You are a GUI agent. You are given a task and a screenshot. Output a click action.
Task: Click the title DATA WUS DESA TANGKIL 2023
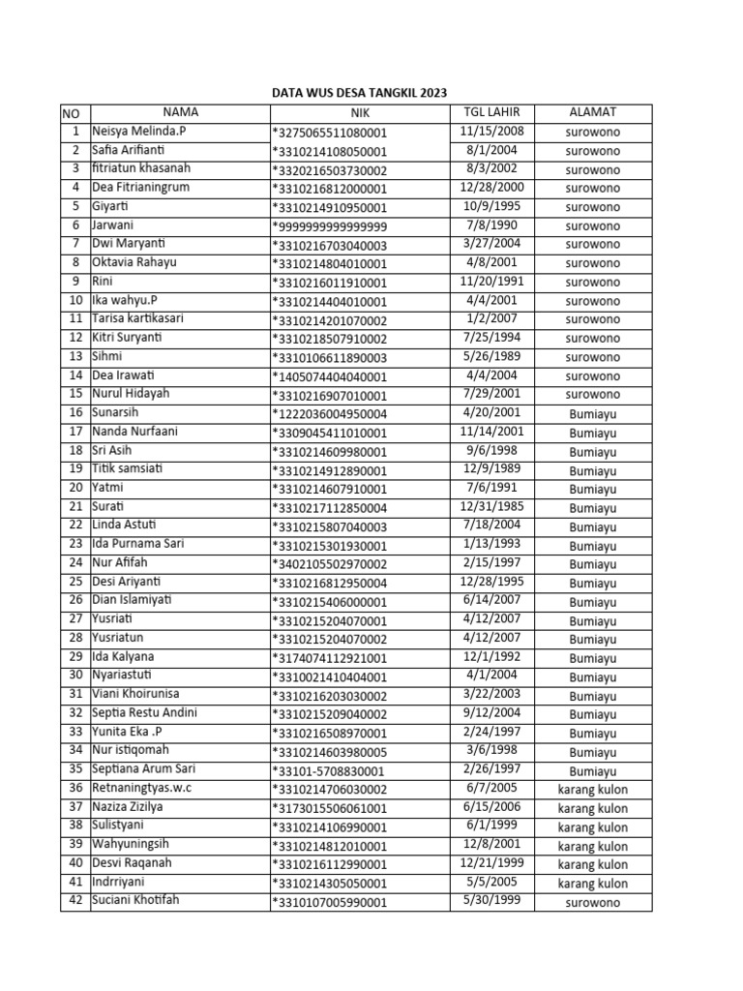pyautogui.click(x=358, y=93)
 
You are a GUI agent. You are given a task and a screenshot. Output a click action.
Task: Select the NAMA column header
pyautogui.click(x=180, y=113)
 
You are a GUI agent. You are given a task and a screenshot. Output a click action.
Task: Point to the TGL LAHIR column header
pyautogui.click(x=491, y=113)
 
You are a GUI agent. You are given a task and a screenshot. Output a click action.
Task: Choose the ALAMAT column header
pyautogui.click(x=592, y=113)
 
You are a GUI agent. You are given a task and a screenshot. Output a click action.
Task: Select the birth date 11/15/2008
pyautogui.click(x=491, y=132)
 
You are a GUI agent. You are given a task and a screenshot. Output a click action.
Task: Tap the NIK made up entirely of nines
pyautogui.click(x=330, y=226)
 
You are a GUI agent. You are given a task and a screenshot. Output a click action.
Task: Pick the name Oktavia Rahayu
pyautogui.click(x=134, y=263)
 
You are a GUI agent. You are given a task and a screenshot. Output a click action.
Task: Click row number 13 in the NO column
pyautogui.click(x=74, y=357)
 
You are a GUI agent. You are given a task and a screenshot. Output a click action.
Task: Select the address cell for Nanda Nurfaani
pyautogui.click(x=592, y=433)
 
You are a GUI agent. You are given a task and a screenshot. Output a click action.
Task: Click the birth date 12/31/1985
pyautogui.click(x=491, y=507)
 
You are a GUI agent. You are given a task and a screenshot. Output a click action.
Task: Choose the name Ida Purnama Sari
pyautogui.click(x=137, y=545)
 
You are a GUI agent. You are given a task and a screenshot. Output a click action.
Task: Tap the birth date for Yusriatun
pyautogui.click(x=491, y=639)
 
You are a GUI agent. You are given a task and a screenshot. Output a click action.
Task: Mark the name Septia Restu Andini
pyautogui.click(x=144, y=714)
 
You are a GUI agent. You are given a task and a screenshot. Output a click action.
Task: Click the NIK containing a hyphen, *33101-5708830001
pyautogui.click(x=328, y=771)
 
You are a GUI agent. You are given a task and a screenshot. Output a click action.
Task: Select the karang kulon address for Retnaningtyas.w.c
pyautogui.click(x=592, y=790)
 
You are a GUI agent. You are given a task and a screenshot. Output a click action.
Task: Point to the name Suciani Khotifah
pyautogui.click(x=135, y=902)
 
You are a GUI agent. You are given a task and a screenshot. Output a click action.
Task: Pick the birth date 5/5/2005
pyautogui.click(x=491, y=884)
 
